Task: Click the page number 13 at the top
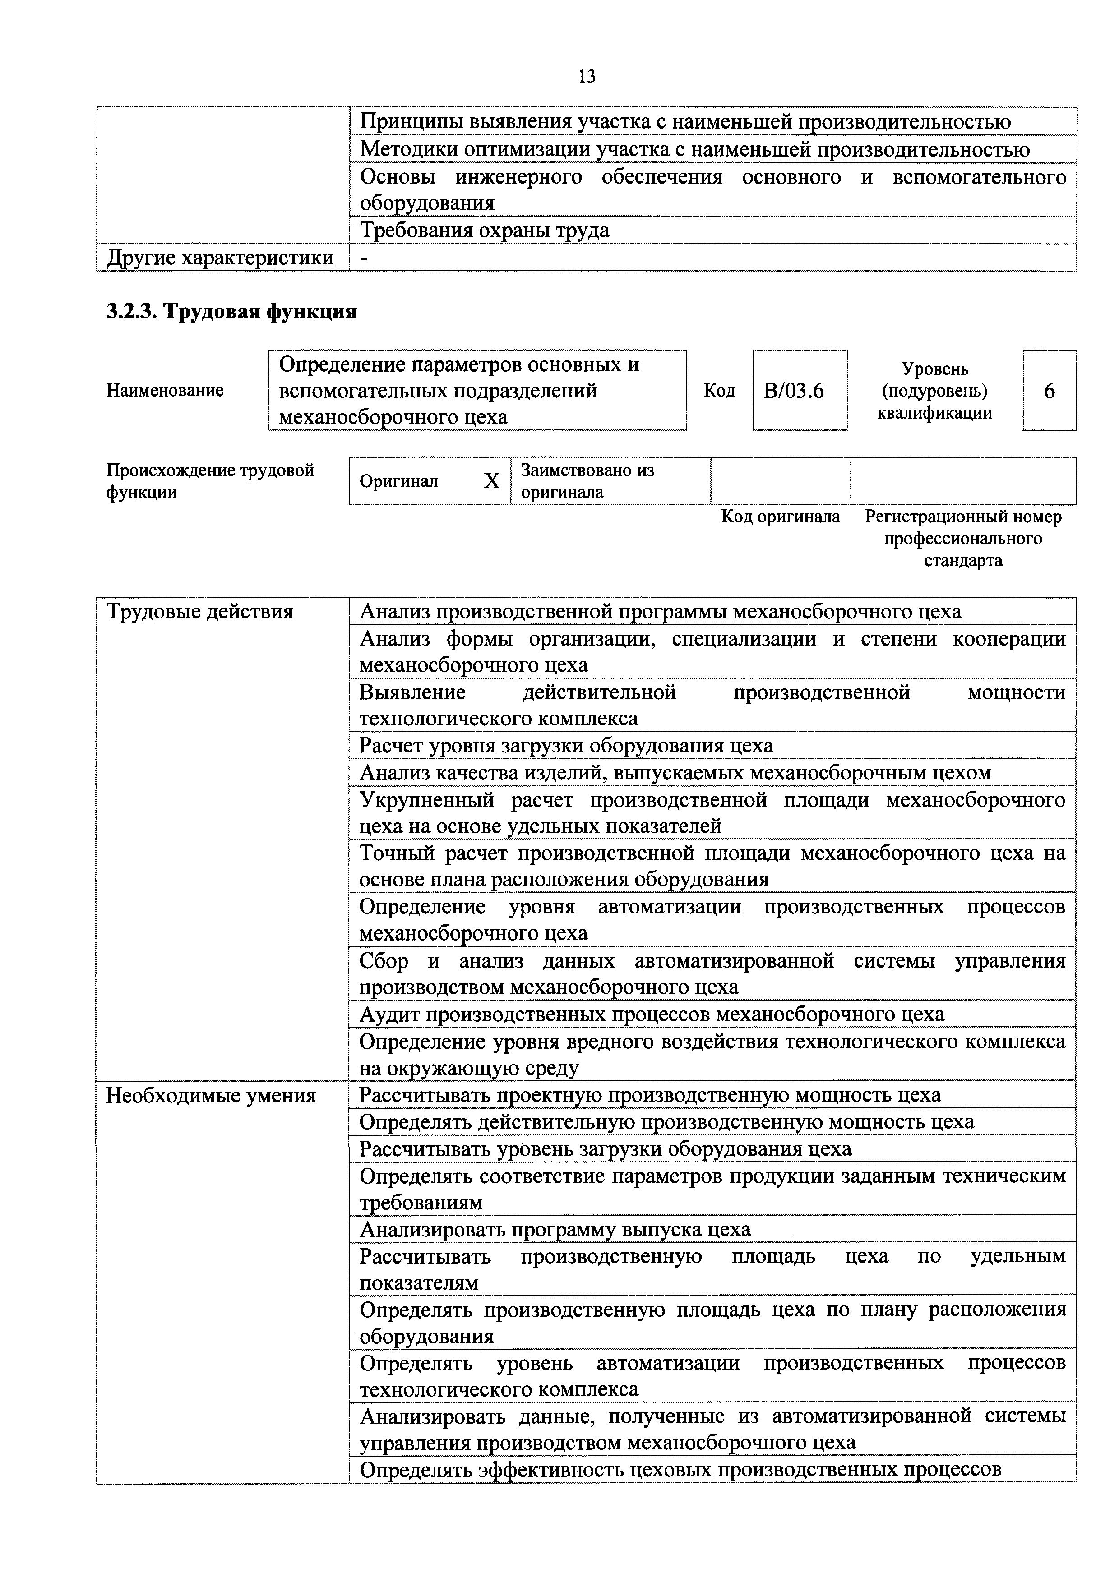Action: pos(587,77)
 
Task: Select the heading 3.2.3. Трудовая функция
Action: pos(231,312)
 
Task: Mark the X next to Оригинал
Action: pos(491,481)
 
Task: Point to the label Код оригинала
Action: pos(781,517)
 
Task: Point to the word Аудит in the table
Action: pos(390,1014)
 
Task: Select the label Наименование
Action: pos(166,391)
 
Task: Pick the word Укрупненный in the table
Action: pos(427,800)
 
